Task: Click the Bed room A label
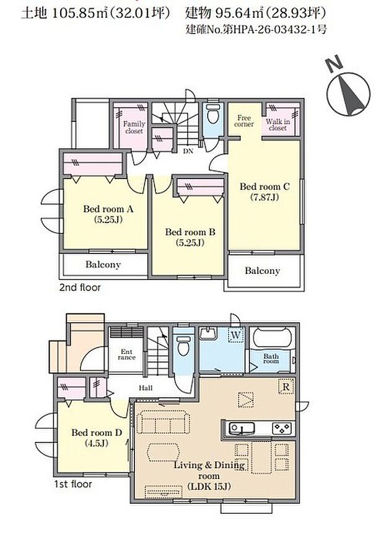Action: point(108,214)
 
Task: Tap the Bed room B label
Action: point(190,237)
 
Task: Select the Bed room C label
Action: point(264,192)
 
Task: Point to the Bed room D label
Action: point(97,438)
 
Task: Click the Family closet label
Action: point(134,127)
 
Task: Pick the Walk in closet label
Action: point(278,125)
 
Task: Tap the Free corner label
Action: point(244,121)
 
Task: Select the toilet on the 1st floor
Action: point(183,345)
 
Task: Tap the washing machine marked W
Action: point(236,335)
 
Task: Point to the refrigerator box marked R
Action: point(286,387)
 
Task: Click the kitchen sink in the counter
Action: point(242,428)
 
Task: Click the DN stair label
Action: point(188,151)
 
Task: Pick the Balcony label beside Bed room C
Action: point(263,271)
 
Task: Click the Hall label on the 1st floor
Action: point(146,388)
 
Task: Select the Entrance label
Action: point(126,355)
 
